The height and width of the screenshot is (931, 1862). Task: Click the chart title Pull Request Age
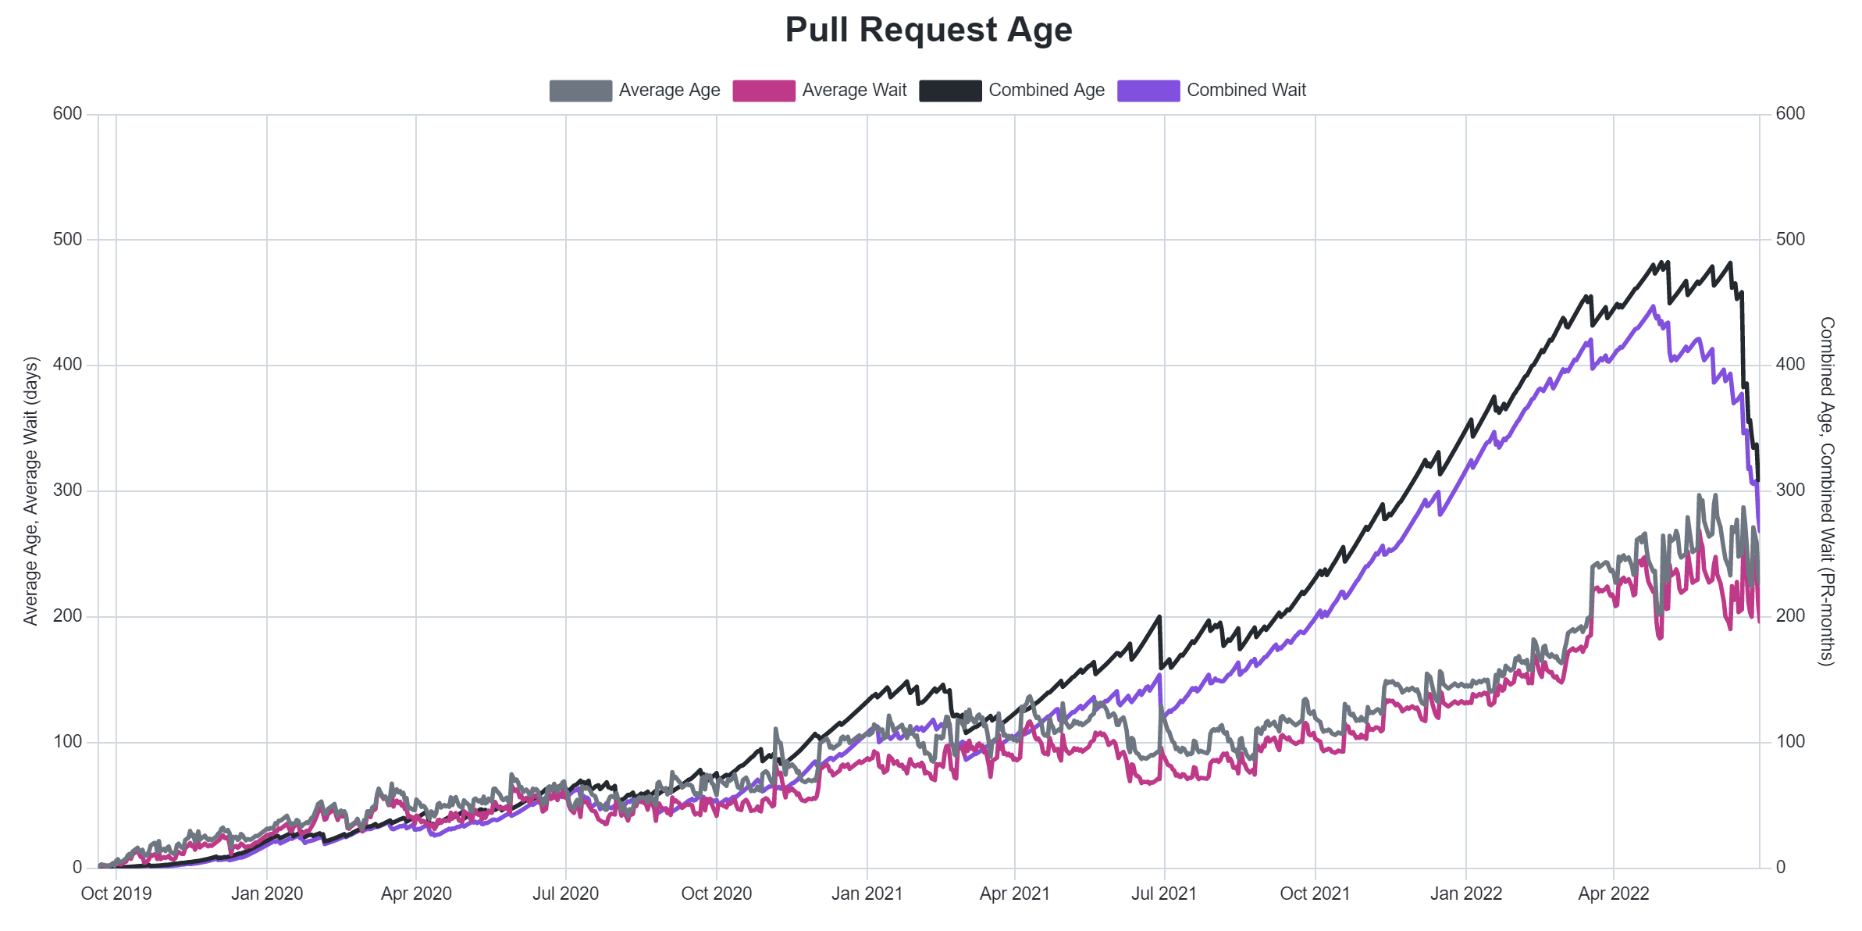pos(928,30)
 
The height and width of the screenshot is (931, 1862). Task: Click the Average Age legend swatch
pos(580,91)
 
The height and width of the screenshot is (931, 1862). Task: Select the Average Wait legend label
pos(854,91)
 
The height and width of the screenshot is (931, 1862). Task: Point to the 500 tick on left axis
pos(67,240)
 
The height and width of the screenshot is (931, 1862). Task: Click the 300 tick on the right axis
pos(1790,490)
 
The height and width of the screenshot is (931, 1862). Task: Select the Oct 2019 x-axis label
pos(116,894)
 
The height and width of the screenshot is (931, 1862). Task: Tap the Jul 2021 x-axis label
pos(1163,894)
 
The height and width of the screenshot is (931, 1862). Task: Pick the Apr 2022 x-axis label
pos(1613,894)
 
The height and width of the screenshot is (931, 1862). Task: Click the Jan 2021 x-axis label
pos(867,894)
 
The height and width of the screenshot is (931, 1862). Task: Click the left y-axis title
pos(30,490)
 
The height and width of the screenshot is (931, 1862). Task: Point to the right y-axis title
pos(1827,490)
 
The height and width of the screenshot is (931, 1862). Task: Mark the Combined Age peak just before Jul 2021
pos(1159,617)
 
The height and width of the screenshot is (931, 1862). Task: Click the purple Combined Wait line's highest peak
pos(1653,307)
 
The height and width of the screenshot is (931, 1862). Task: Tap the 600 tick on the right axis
pos(1790,114)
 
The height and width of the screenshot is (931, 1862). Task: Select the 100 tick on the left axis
pos(67,742)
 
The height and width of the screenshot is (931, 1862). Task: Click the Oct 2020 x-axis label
pos(716,894)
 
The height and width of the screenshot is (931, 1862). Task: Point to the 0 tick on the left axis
pos(77,867)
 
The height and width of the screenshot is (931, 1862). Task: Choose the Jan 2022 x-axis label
pos(1465,894)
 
